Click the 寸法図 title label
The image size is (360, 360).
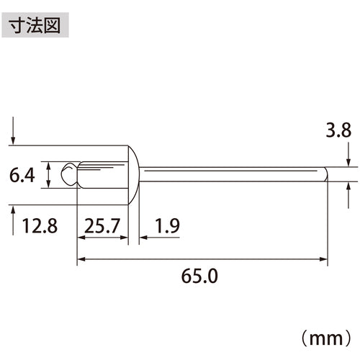point(35,25)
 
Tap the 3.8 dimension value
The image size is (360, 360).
point(338,130)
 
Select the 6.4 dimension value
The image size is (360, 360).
point(22,175)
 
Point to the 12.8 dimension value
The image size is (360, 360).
point(40,226)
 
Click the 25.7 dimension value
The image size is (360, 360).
point(102,226)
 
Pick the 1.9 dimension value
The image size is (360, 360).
point(168,226)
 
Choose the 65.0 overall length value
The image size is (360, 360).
point(199,276)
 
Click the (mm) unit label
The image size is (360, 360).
point(326,338)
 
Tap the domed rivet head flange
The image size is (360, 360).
point(133,175)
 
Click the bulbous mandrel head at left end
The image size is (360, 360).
point(69,174)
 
